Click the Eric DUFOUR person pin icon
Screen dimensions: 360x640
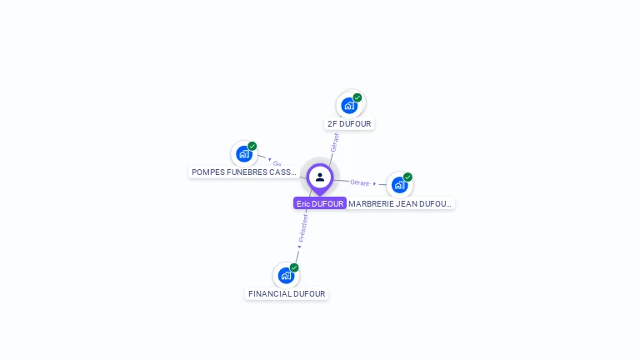tap(319, 177)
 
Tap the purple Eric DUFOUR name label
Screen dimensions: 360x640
tap(320, 203)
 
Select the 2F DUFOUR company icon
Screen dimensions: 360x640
tap(349, 105)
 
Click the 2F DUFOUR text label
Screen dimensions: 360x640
tap(349, 124)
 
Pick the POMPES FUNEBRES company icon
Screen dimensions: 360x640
tap(243, 153)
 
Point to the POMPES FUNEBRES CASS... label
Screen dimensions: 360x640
tap(243, 172)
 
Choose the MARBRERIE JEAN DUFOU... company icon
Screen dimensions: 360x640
tap(399, 184)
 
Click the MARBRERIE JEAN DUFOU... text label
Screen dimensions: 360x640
tap(400, 203)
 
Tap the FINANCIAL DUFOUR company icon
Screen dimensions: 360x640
tap(286, 275)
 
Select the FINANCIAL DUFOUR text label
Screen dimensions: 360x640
tap(287, 294)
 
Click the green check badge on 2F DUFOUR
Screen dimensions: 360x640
tap(357, 97)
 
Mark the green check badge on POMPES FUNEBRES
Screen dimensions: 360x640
tap(252, 146)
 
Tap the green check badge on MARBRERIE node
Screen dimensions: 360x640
tap(407, 177)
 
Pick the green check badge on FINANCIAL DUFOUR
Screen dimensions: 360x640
tap(294, 267)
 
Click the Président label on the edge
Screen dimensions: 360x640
tap(303, 227)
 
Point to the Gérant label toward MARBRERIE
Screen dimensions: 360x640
tap(360, 182)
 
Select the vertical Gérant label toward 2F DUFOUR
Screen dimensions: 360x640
tap(334, 142)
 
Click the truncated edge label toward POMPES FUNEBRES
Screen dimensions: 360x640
tap(277, 163)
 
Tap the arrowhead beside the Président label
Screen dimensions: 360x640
tap(299, 246)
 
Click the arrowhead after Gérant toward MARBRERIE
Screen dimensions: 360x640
tap(374, 183)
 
